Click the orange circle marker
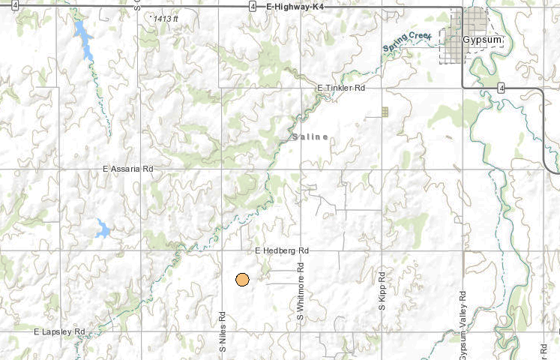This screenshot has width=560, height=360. click(242, 280)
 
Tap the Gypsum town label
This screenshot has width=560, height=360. click(482, 40)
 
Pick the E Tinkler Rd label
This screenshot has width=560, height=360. click(341, 88)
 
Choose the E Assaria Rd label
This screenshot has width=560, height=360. click(127, 170)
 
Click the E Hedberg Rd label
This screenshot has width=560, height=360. click(282, 250)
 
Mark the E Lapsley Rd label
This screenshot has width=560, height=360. click(60, 331)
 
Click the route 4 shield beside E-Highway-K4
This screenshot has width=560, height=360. click(253, 6)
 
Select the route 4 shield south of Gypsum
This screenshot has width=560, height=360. click(501, 88)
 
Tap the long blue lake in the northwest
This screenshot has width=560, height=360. click(83, 40)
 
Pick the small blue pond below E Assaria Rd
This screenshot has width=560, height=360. click(102, 228)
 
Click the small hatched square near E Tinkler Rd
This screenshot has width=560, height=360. click(385, 112)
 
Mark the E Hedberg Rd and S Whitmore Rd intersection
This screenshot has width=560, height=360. click(301, 250)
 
